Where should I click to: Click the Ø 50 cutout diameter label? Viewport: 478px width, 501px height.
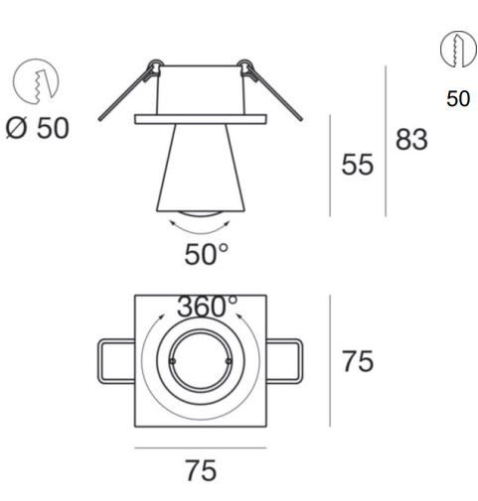click(x=39, y=129)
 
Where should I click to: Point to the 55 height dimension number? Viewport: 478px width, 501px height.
click(x=358, y=165)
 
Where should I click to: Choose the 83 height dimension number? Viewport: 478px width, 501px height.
click(x=411, y=140)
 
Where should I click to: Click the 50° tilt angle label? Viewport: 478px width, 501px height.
click(x=206, y=255)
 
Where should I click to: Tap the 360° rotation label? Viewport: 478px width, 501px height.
click(x=208, y=308)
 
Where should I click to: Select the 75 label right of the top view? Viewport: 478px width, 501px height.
click(x=358, y=361)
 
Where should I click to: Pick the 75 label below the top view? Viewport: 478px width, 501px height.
click(x=201, y=470)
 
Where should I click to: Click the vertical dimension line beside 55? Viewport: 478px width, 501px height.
click(x=331, y=165)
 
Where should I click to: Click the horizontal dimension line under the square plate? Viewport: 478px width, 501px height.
click(x=201, y=446)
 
